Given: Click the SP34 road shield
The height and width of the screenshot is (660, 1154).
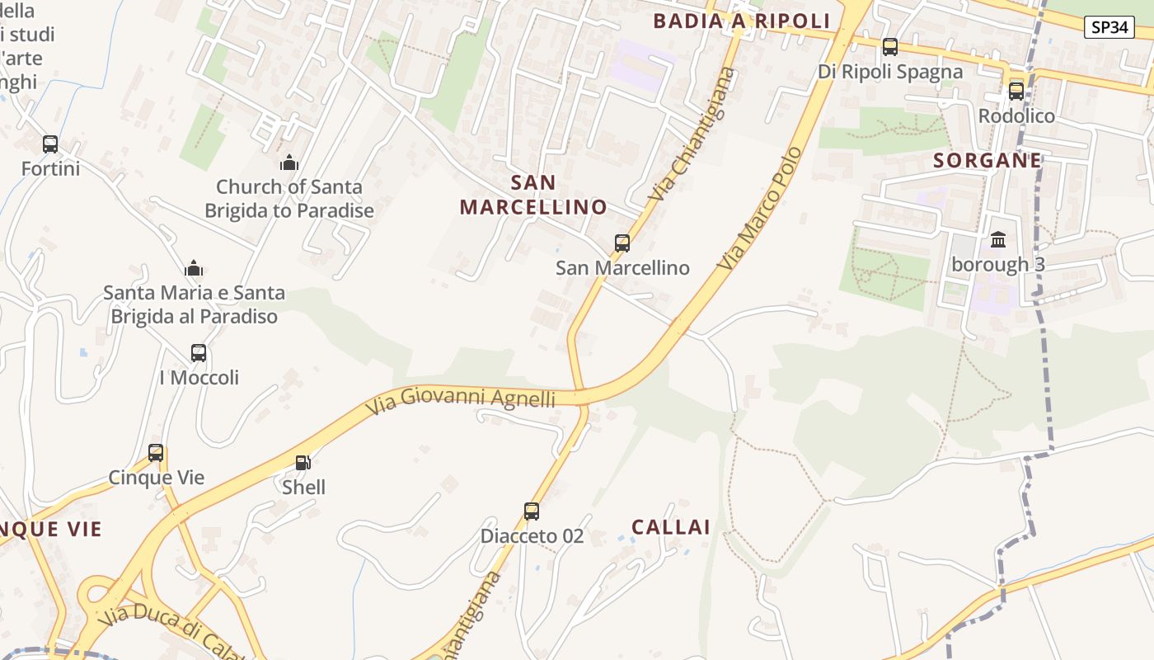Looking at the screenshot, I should (1109, 27).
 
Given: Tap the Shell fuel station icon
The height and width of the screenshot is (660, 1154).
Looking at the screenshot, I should (303, 463).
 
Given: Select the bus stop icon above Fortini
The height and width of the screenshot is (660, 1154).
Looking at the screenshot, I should (50, 144).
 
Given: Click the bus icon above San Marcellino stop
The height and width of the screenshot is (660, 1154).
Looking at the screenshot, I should (622, 243).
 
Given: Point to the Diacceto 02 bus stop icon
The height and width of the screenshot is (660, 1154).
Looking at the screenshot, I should (532, 511).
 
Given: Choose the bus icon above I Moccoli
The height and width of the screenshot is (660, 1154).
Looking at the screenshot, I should (199, 353).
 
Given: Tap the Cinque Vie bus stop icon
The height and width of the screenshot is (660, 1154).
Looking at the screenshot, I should (156, 453).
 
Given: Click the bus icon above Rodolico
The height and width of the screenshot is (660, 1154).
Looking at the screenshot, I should (1016, 91).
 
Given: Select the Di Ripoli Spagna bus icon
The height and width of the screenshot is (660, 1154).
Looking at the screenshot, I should (890, 47).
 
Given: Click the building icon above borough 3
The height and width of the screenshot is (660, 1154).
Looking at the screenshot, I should (998, 240).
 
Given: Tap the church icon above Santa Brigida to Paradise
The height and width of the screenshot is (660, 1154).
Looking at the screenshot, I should (288, 163).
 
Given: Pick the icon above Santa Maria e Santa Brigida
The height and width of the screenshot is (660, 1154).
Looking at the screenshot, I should (195, 268).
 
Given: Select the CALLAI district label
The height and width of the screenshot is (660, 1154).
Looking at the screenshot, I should (671, 527).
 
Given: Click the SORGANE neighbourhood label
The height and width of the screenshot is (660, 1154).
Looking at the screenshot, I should (987, 161).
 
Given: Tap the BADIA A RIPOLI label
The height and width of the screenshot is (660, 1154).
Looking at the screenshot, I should (741, 21).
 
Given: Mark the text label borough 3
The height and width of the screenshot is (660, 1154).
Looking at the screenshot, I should (998, 265).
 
